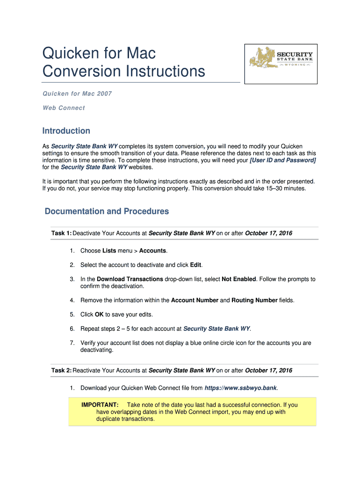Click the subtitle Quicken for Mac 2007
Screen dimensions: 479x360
pos(77,94)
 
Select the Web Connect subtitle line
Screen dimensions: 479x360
pos(64,108)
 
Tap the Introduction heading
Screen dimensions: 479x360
pos(66,131)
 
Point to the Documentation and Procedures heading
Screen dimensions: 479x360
pos(107,211)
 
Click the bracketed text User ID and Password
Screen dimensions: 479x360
pos(283,160)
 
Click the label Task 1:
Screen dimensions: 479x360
pos(61,233)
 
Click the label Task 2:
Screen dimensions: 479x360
pos(61,370)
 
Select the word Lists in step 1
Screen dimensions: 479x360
pos(109,251)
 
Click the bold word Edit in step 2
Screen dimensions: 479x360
pos(195,265)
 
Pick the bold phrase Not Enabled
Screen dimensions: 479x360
pos(238,279)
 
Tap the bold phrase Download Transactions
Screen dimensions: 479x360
pos(130,279)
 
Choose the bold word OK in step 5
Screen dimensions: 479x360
pos(99,314)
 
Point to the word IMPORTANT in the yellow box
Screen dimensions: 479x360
pos(100,405)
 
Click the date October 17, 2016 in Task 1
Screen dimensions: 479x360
pos(268,233)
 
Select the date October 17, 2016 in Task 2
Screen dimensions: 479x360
pos(268,370)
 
